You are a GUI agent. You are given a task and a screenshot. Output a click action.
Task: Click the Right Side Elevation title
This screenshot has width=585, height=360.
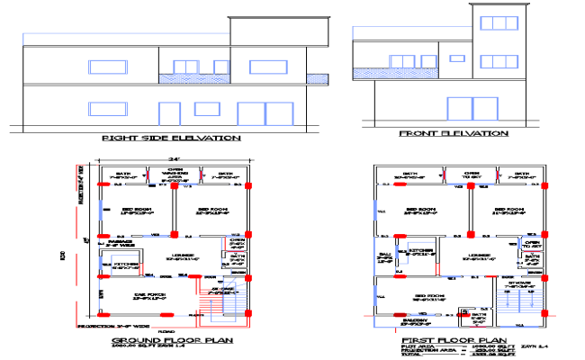[x=170, y=138]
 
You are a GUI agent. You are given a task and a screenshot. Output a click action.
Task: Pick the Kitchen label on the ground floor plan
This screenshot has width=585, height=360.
[x=126, y=265]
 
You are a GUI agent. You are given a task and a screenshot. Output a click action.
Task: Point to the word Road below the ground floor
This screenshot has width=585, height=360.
[x=166, y=331]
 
